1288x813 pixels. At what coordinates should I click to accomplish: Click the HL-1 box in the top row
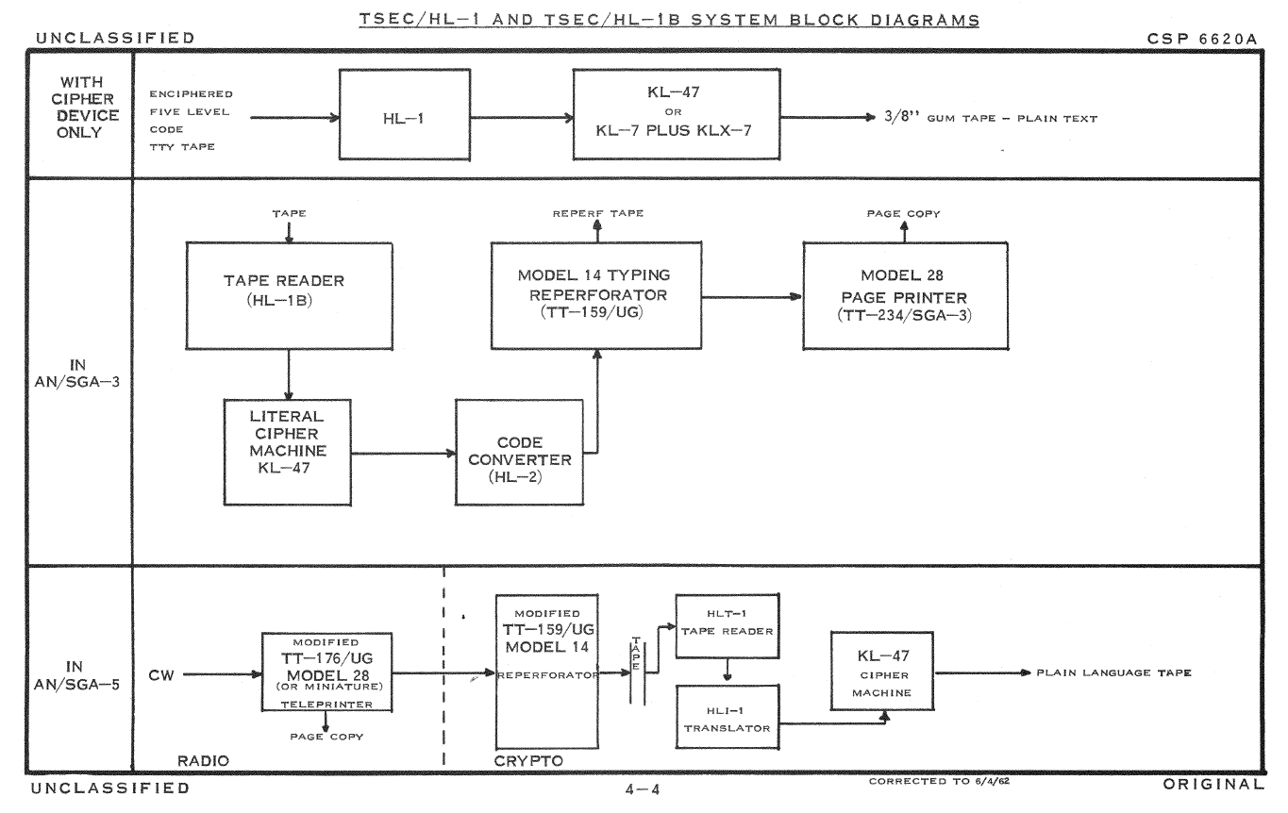coord(404,120)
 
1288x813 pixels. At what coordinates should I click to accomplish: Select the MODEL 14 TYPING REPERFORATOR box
coord(594,292)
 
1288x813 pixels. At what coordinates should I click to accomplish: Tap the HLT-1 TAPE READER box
coord(727,625)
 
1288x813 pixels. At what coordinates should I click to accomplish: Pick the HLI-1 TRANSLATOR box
coord(727,719)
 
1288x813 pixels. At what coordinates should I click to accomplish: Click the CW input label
coord(160,673)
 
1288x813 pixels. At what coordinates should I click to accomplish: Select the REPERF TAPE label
coord(599,214)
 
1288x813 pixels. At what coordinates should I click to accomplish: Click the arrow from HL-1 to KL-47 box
coord(522,120)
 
